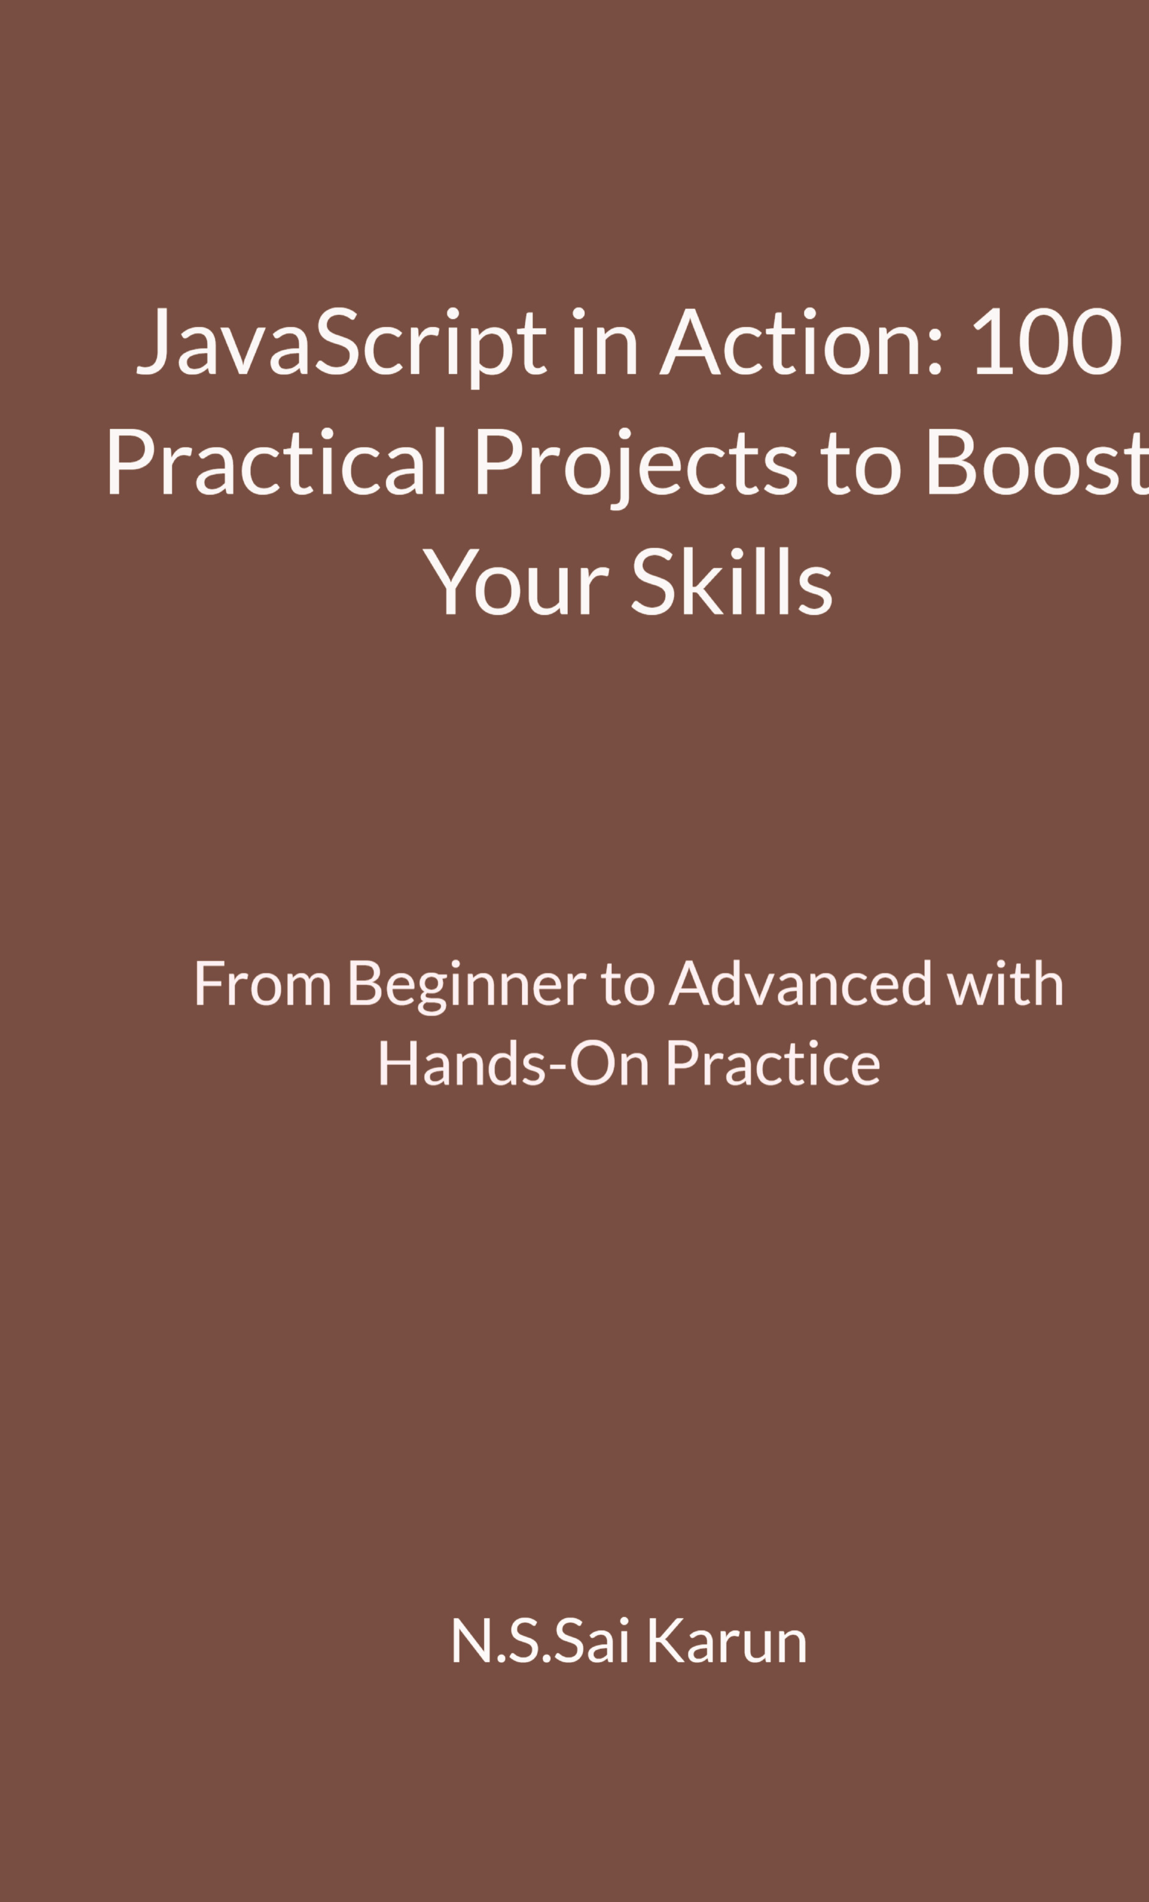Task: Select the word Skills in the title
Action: (732, 580)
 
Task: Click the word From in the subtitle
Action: (263, 984)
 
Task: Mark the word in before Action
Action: (604, 340)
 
